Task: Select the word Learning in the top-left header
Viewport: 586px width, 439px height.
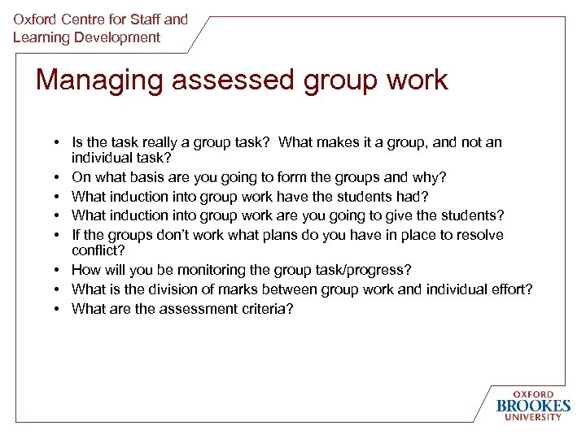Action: tap(40, 37)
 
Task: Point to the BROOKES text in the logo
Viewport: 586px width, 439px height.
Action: tap(533, 406)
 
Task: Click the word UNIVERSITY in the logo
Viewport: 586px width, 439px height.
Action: tap(533, 418)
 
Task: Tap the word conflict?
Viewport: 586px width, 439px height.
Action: tap(98, 250)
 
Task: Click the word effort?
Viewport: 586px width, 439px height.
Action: tap(510, 289)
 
